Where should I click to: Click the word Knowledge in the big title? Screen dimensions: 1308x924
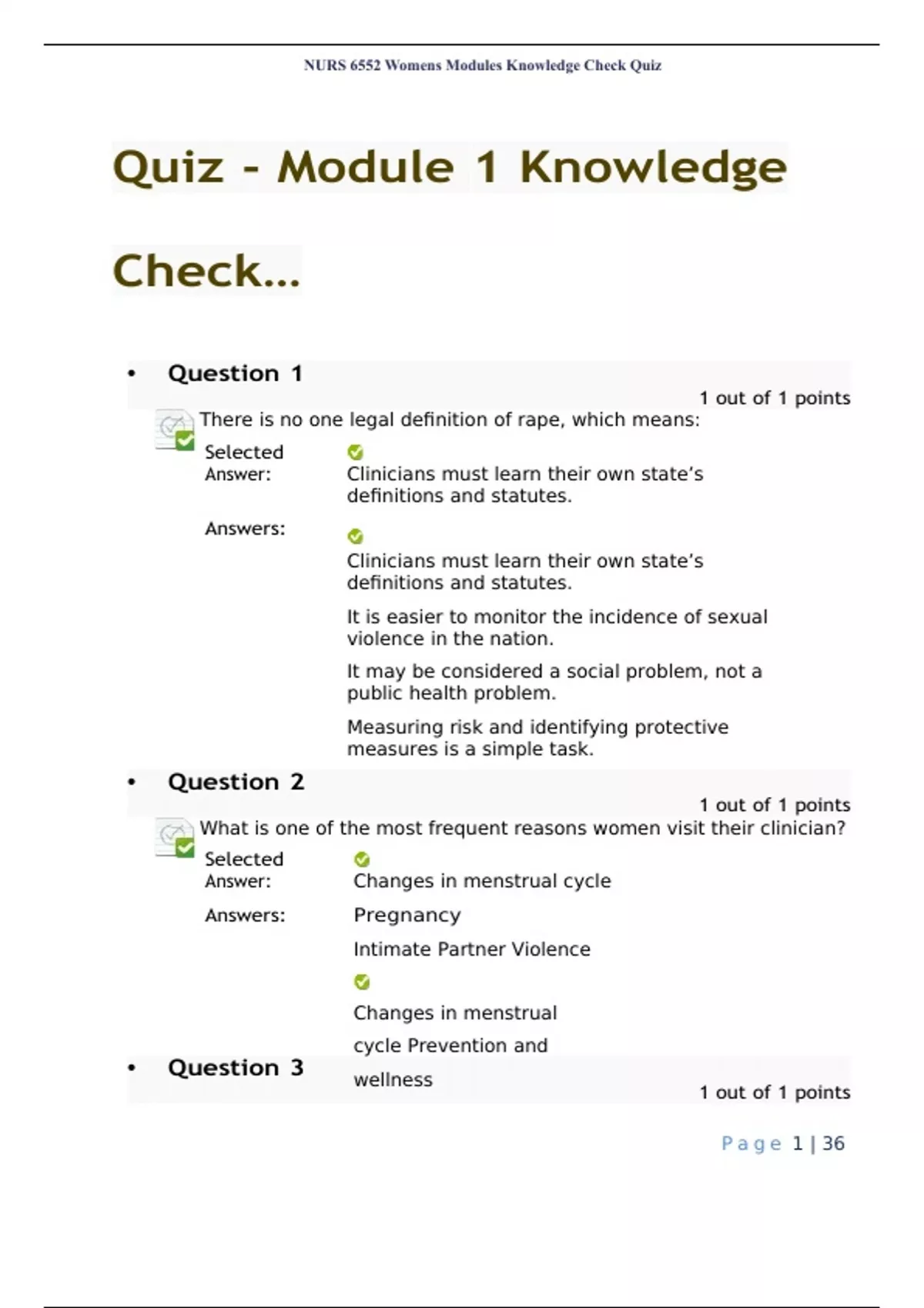[653, 168]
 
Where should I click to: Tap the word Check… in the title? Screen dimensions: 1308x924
[206, 271]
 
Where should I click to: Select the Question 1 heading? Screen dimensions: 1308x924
[235, 374]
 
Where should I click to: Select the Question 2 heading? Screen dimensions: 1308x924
[236, 782]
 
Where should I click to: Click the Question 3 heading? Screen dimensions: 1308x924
[236, 1068]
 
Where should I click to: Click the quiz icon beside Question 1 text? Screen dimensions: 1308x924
[174, 429]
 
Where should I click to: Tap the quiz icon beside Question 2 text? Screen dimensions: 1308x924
[174, 837]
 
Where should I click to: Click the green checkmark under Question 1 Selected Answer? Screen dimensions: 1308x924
[355, 452]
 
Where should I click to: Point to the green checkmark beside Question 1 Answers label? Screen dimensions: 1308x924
[355, 536]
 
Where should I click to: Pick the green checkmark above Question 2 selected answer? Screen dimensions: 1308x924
[362, 859]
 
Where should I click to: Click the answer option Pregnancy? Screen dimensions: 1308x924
[407, 916]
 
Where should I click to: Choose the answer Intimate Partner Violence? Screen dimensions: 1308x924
[471, 949]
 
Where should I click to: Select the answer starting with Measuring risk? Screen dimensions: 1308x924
[537, 738]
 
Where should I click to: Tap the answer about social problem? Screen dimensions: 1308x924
[554, 682]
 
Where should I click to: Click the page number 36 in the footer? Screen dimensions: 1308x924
[833, 1144]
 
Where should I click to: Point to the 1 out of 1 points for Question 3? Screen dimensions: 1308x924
[774, 1093]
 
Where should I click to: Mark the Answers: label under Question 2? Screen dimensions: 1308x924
[245, 916]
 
